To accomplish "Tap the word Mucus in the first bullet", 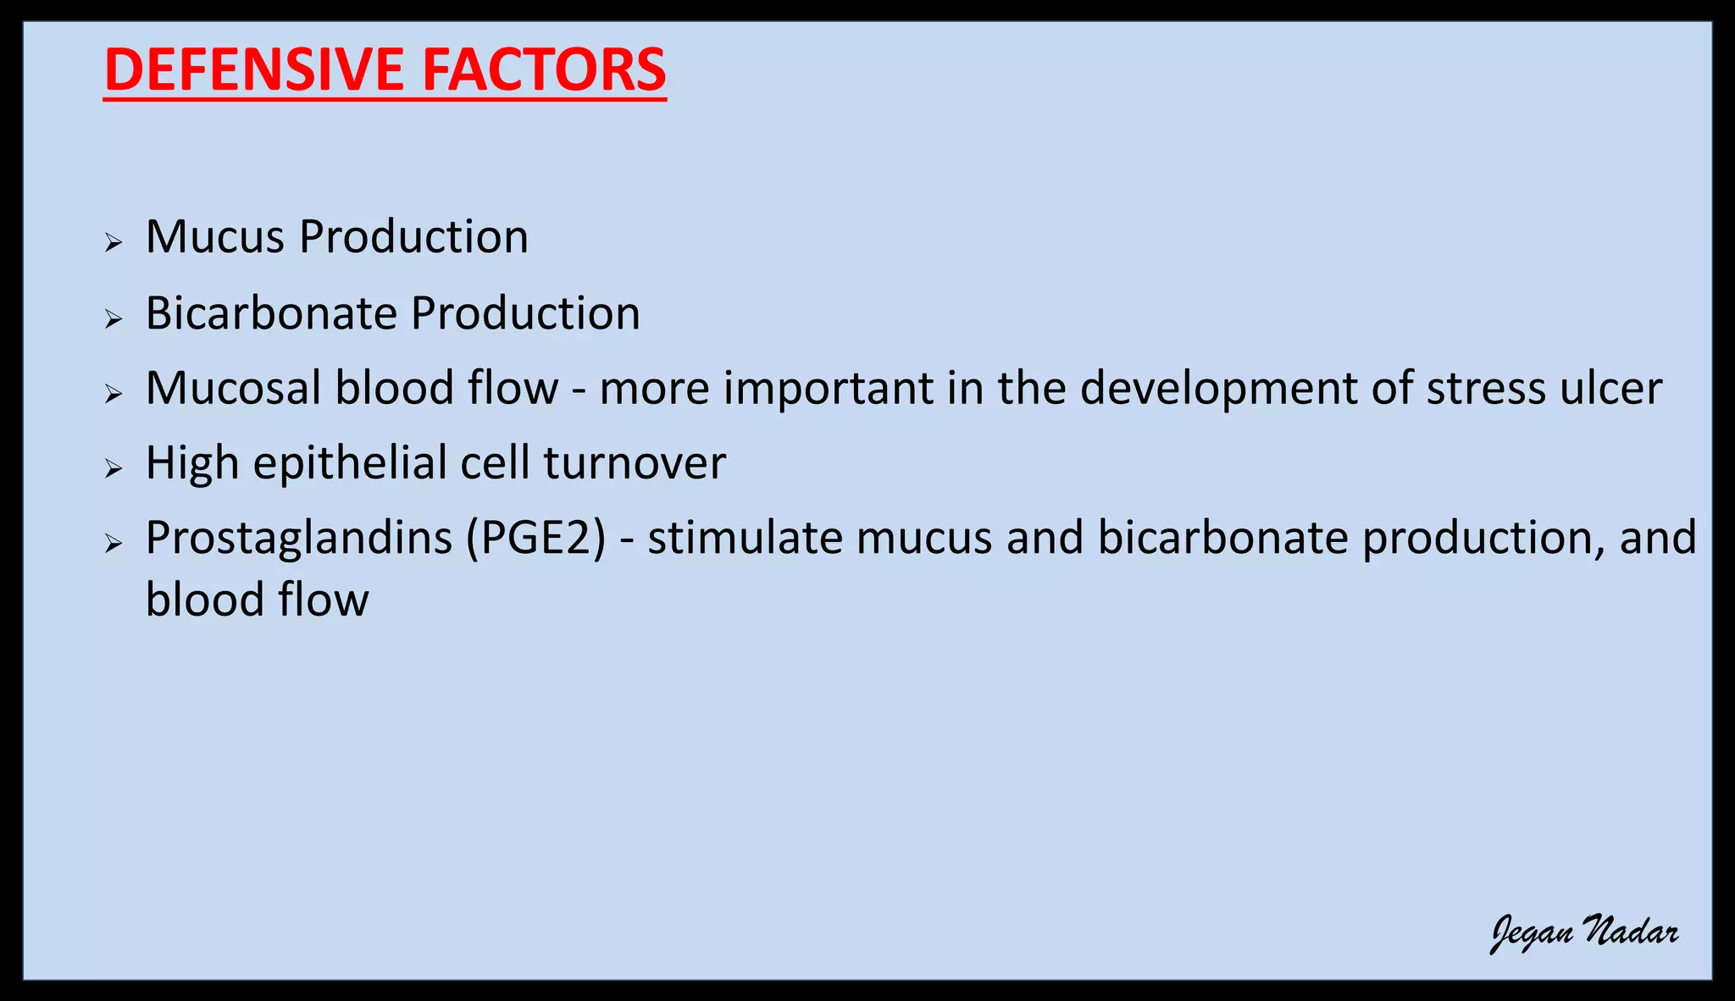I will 215,237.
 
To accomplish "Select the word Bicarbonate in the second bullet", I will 271,314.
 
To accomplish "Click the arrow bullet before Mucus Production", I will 114,244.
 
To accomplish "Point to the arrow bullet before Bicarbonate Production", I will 114,319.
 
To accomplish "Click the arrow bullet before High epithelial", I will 114,469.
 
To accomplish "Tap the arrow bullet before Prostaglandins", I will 114,544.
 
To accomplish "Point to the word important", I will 828,390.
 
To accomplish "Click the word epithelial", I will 349,464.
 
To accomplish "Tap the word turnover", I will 635,464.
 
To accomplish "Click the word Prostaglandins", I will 298,539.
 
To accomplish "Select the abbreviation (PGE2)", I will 535,539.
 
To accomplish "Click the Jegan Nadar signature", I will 1584,933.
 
